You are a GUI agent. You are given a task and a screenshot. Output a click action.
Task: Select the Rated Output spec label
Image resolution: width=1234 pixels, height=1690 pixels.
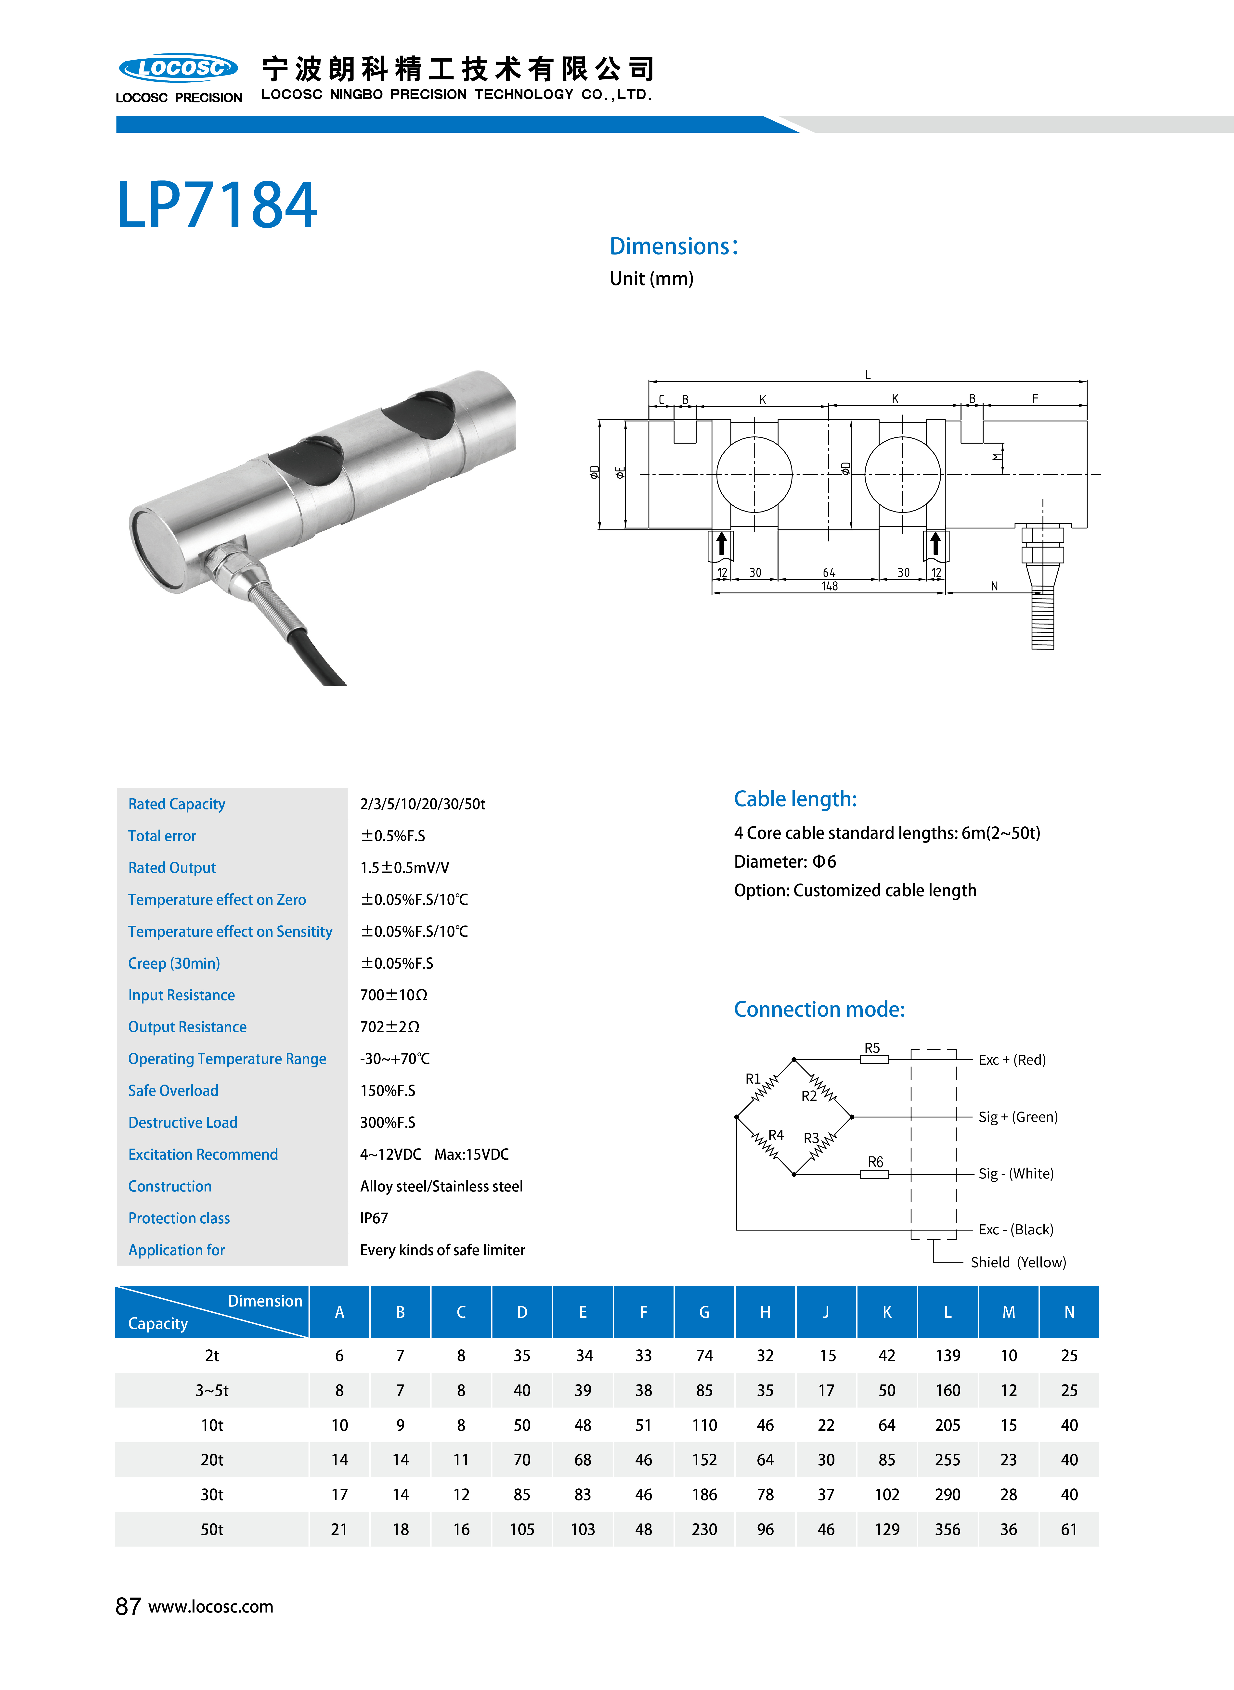[172, 868]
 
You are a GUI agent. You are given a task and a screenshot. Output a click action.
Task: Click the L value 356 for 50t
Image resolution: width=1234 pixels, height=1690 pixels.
[947, 1529]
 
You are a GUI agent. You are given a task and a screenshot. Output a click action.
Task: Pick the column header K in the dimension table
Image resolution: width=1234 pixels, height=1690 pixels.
[887, 1312]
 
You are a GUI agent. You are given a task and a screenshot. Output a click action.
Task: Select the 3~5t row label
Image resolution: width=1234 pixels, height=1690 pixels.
[212, 1391]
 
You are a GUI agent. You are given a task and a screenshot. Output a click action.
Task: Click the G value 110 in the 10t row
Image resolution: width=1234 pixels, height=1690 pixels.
[704, 1425]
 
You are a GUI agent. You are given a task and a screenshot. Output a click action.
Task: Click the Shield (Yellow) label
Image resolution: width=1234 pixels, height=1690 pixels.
[1017, 1262]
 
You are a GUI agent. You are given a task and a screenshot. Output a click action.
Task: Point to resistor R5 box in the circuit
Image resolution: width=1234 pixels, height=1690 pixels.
[874, 1059]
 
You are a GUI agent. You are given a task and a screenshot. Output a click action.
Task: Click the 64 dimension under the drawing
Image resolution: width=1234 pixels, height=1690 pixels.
[829, 573]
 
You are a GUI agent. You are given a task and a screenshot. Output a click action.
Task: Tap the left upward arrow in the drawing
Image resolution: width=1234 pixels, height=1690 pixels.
[722, 544]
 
